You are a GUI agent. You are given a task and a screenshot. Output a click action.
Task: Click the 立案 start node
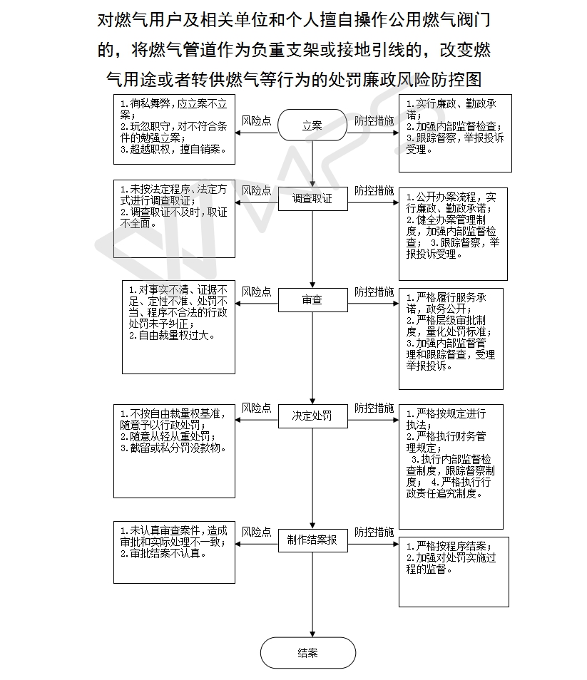tap(312, 125)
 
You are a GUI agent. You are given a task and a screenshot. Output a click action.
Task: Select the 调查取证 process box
tap(313, 199)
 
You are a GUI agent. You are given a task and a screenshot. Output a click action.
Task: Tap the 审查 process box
tap(313, 299)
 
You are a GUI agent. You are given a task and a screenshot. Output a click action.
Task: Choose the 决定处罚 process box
tap(313, 416)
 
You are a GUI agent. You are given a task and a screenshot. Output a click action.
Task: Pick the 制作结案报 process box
tap(313, 540)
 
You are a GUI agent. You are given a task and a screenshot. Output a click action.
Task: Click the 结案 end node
tap(308, 653)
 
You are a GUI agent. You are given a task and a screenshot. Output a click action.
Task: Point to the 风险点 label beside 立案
tap(256, 120)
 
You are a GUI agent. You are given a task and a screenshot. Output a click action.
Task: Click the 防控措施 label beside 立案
tap(374, 120)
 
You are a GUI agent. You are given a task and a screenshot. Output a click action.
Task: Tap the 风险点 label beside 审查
tap(256, 292)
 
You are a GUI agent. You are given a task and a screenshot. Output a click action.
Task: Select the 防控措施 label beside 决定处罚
tap(374, 408)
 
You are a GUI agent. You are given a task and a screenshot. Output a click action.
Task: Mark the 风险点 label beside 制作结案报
tap(256, 532)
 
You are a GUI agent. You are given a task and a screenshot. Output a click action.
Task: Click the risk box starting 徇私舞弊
tap(175, 129)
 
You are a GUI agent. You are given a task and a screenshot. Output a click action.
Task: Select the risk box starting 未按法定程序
tap(175, 219)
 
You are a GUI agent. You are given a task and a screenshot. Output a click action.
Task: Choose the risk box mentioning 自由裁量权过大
tap(179, 327)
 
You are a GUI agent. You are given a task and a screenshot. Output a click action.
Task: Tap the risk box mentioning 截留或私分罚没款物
tap(175, 451)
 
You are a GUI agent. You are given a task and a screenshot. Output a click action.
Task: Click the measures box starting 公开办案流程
tap(453, 235)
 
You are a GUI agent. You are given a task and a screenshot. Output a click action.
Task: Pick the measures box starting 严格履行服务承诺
tap(451, 339)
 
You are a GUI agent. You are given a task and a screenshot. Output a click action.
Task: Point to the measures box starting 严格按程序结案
tap(454, 572)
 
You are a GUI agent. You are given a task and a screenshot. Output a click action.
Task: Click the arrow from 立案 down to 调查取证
tap(312, 164)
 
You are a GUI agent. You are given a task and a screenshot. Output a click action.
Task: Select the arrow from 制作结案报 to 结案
tap(312, 594)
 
